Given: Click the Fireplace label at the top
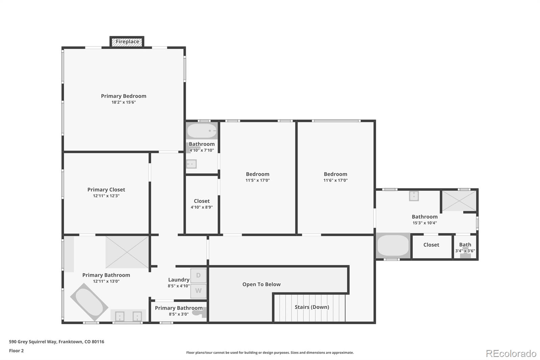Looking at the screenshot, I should [x=127, y=42].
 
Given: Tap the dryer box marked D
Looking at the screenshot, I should [x=198, y=276].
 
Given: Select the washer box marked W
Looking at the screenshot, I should [x=198, y=291].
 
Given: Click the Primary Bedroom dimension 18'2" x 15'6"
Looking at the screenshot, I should [x=124, y=102].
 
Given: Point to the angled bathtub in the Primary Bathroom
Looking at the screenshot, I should [x=89, y=302].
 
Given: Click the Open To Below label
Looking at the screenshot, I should [x=261, y=284].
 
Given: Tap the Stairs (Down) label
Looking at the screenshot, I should [x=312, y=307].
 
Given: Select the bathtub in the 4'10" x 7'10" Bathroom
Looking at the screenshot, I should [x=202, y=131].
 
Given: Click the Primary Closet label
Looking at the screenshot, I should [x=106, y=190].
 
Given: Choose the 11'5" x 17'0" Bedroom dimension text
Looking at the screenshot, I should [x=258, y=180].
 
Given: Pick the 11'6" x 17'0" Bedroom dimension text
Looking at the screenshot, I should [x=335, y=180].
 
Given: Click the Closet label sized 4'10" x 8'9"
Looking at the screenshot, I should [x=201, y=201].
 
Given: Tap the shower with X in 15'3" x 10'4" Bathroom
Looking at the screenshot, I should [x=459, y=201].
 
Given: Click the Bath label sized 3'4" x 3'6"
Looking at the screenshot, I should [x=465, y=245].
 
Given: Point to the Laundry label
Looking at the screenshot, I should [x=179, y=280].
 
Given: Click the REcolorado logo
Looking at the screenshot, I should [x=511, y=354].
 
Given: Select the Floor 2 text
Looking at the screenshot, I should [x=16, y=351].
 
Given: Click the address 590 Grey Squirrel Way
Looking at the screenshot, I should [x=56, y=342].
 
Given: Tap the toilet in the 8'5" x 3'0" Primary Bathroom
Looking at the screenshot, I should [x=199, y=313].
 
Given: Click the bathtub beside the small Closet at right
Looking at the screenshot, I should [x=393, y=245].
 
